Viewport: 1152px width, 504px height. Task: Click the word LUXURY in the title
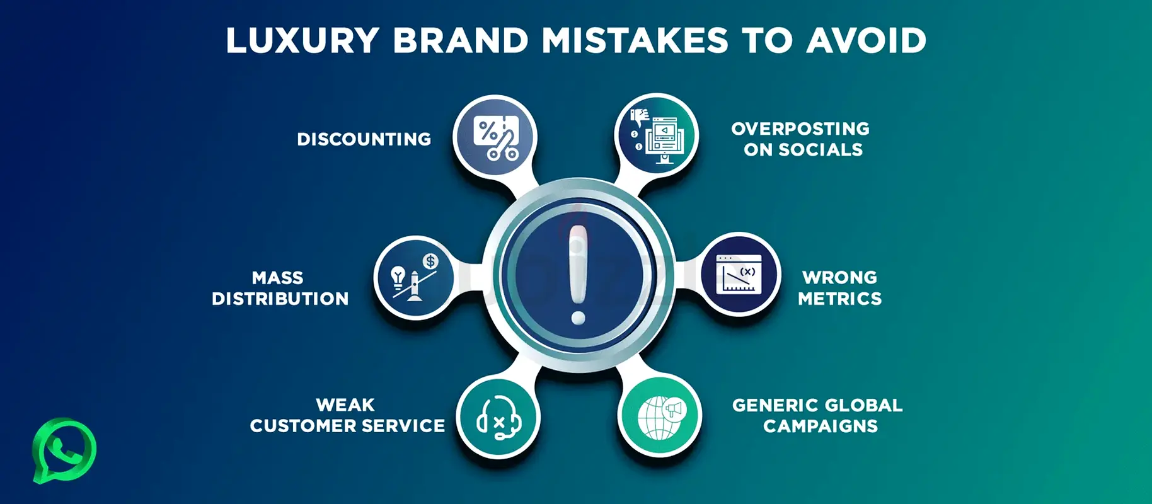point(302,41)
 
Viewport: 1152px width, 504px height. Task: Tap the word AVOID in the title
point(867,41)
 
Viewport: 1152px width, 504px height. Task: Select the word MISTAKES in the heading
point(635,41)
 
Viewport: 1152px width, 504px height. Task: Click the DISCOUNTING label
point(364,139)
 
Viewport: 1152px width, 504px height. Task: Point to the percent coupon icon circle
point(495,137)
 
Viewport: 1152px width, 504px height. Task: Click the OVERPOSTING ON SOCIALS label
point(801,139)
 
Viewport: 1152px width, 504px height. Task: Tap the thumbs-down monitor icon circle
point(656,136)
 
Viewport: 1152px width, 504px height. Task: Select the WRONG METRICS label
point(840,288)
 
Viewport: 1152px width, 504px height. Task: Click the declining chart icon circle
point(739,275)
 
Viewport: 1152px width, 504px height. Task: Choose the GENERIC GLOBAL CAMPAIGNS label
point(818,416)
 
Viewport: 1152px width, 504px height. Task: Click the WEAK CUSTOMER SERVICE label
point(347,416)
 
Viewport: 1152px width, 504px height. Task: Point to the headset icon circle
point(498,417)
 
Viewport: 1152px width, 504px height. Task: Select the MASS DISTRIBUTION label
point(280,288)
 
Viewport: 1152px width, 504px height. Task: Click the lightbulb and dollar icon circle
point(415,277)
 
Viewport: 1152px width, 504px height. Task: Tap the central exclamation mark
point(578,275)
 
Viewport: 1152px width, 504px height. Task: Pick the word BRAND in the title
point(460,41)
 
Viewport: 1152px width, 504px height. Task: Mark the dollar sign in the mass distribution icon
point(430,261)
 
